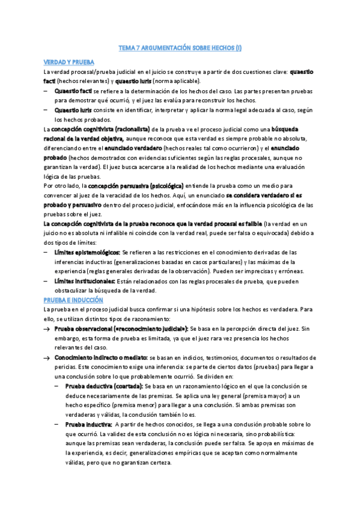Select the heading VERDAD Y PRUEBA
[69, 62]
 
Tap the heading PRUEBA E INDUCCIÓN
[73, 299]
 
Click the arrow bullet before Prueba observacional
[47, 329]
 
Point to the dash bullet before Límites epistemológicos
[47, 253]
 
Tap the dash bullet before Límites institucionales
[47, 281]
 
